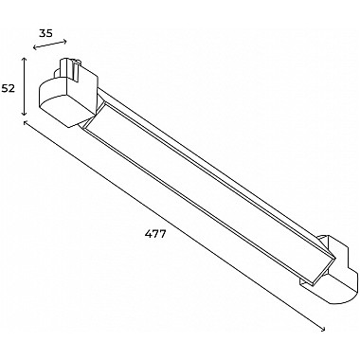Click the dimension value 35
46,33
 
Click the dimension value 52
9,89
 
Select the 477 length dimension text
155,234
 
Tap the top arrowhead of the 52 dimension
25,60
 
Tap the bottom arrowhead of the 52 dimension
24,114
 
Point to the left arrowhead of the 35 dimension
35,47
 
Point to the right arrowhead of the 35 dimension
64,41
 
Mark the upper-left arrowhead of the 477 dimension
26,123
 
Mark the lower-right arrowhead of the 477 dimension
322,329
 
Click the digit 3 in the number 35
43,33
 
